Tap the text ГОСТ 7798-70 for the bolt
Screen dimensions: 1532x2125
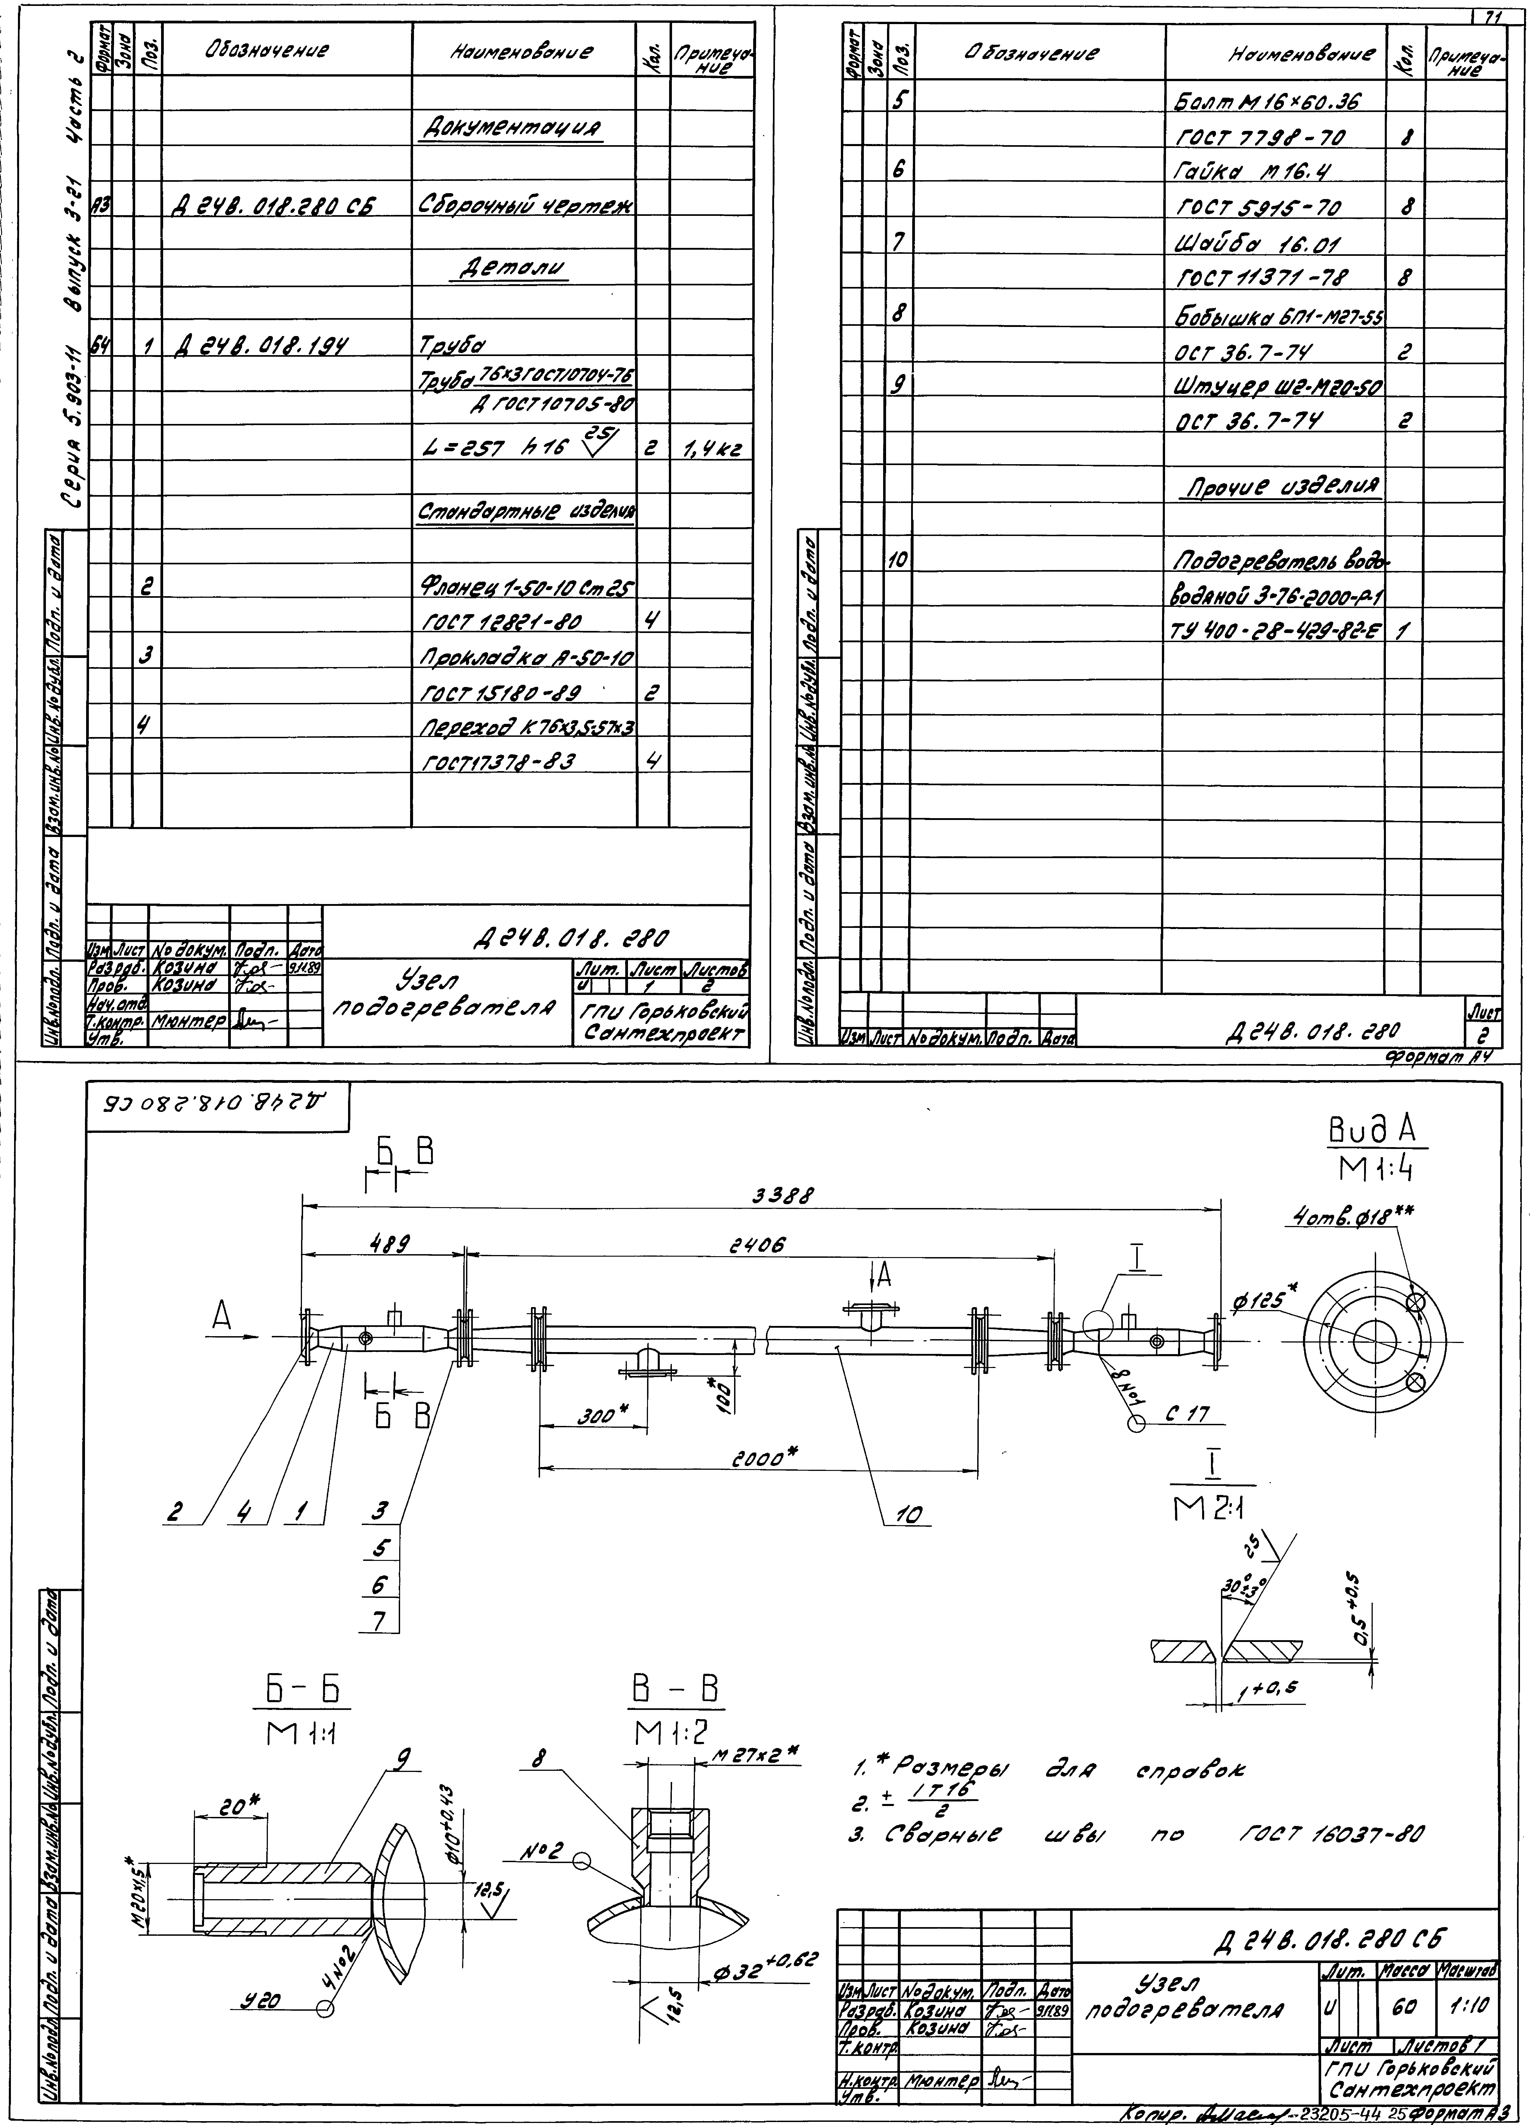click(1260, 138)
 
